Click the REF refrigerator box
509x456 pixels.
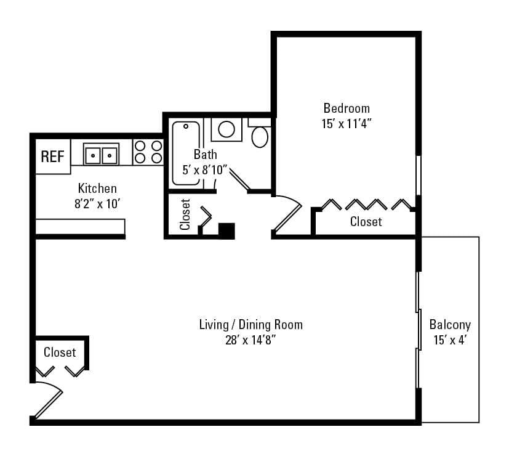point(52,157)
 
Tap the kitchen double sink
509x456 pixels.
point(101,154)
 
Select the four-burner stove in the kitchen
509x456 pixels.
point(148,152)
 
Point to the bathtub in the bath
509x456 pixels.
point(185,153)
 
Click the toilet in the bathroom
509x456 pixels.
point(260,135)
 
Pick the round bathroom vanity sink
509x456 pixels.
point(226,129)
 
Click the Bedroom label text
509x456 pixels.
point(347,109)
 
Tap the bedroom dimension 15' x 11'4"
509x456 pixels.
point(347,123)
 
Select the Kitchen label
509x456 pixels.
point(97,188)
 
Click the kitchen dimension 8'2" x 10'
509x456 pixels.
point(97,202)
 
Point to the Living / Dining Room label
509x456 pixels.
point(250,325)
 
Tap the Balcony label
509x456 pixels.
point(450,325)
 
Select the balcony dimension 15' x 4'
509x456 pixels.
point(450,339)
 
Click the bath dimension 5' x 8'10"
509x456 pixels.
point(206,169)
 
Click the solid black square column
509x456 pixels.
point(226,230)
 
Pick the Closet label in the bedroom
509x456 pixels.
point(366,221)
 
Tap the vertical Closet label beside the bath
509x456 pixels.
point(185,214)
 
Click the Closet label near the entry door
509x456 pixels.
point(60,352)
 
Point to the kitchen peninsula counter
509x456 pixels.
point(80,226)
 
